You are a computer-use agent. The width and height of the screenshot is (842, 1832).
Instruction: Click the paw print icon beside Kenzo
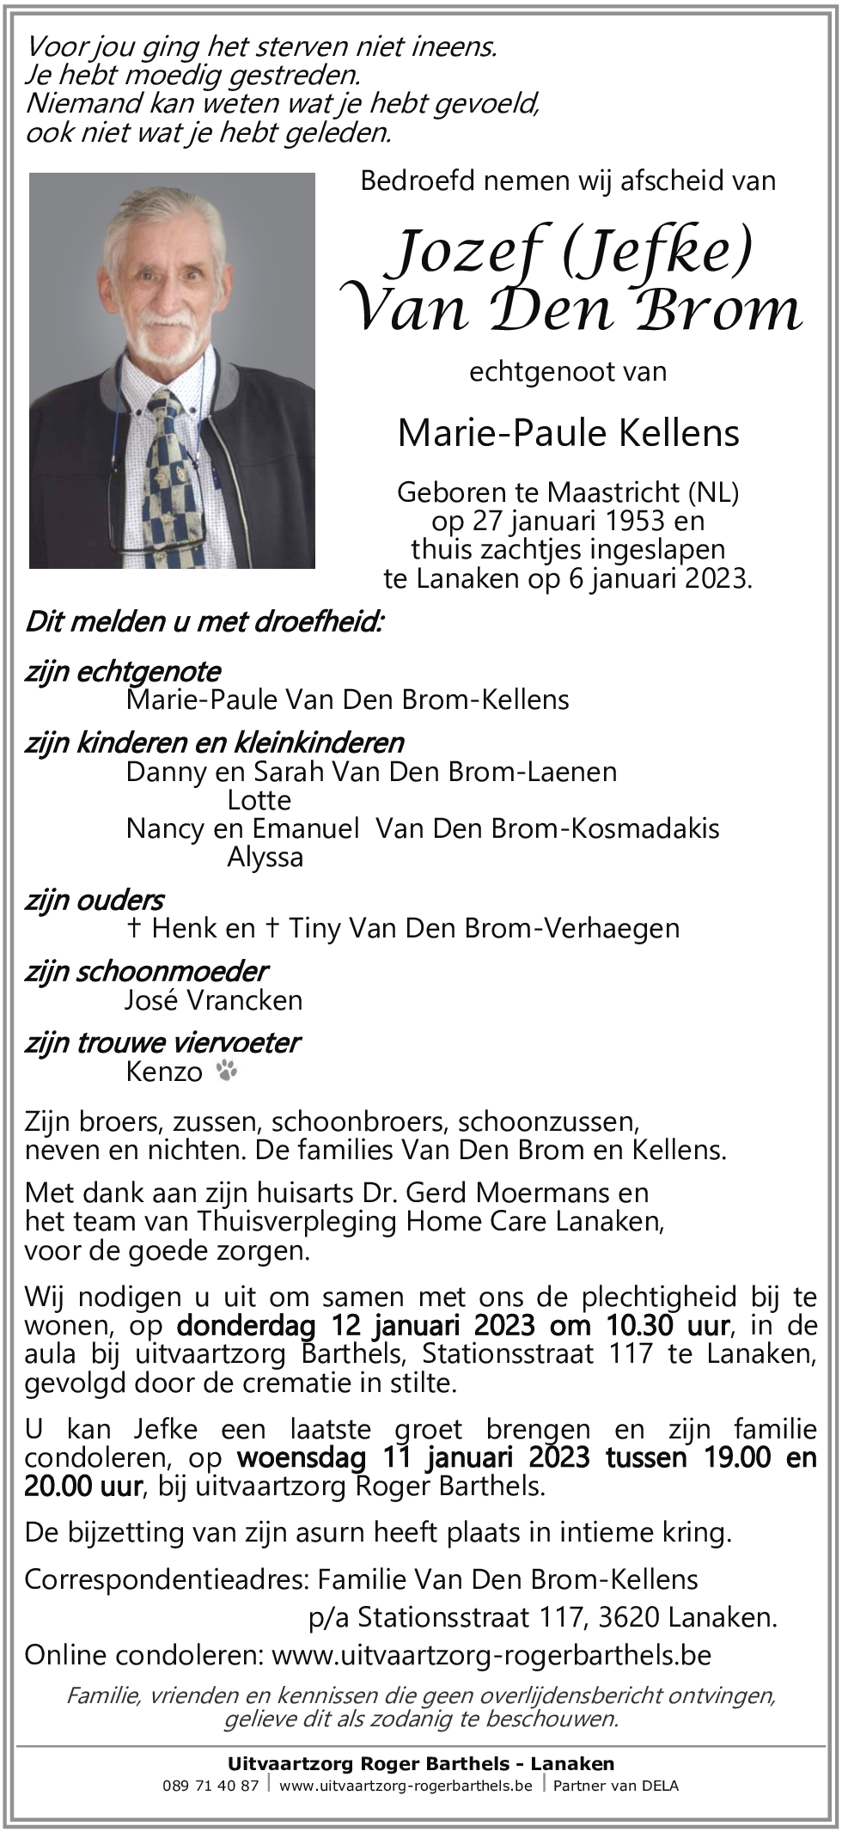tap(228, 1071)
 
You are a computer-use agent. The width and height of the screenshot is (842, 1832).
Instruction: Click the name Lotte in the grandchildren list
tap(259, 800)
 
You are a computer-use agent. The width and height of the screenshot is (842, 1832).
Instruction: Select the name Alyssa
tap(265, 857)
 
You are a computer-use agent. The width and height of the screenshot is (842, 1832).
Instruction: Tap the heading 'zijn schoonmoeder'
tap(146, 971)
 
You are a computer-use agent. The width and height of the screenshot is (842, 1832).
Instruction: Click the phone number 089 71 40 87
tap(210, 1786)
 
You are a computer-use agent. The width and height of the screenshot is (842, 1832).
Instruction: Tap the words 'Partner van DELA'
tap(615, 1786)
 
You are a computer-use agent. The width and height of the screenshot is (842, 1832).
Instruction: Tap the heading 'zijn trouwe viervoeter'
tap(162, 1042)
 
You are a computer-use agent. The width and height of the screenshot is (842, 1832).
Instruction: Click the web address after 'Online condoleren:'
tap(491, 1656)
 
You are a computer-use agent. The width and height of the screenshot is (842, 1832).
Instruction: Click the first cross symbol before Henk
tap(133, 928)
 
